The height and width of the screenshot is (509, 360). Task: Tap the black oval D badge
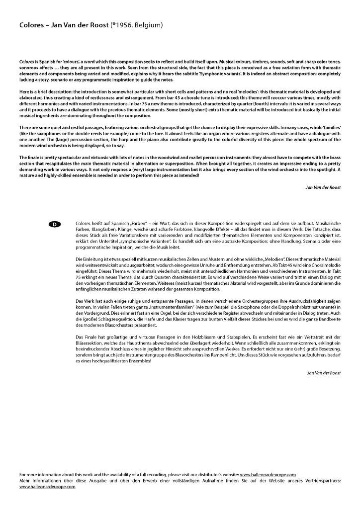coord(55,225)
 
